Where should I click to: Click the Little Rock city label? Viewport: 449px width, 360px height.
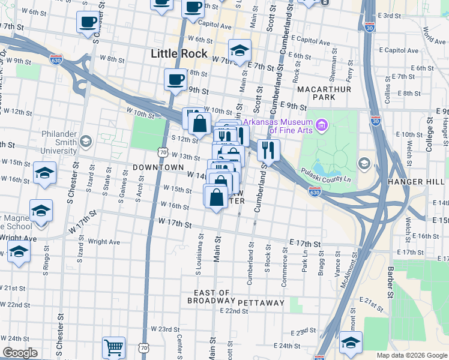pyautogui.click(x=179, y=53)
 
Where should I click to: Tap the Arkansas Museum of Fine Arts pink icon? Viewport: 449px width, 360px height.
pyautogui.click(x=322, y=125)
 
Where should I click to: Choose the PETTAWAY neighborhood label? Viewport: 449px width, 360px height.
pyautogui.click(x=261, y=303)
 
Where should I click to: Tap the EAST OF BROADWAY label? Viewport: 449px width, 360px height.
pyautogui.click(x=208, y=297)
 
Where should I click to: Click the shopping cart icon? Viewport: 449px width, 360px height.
pyautogui.click(x=113, y=347)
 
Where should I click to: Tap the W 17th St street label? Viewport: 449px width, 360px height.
pyautogui.click(x=175, y=224)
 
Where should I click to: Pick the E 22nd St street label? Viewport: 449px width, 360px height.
pyautogui.click(x=234, y=311)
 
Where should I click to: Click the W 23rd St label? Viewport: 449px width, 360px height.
pyautogui.click(x=165, y=329)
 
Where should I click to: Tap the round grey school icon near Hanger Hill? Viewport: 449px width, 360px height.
pyautogui.click(x=364, y=163)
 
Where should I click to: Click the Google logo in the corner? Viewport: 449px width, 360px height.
pyautogui.click(x=20, y=353)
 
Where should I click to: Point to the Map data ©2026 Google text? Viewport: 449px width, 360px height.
pyautogui.click(x=412, y=355)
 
